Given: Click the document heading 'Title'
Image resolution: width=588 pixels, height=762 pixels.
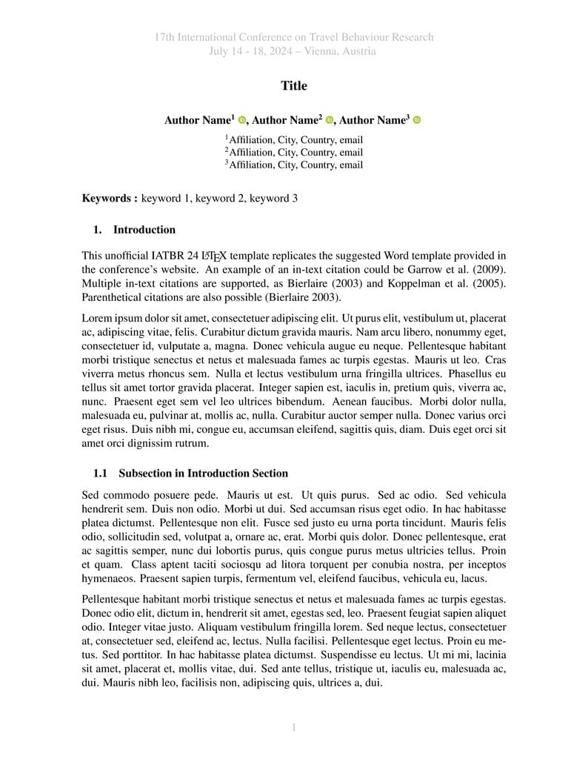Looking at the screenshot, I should tap(294, 86).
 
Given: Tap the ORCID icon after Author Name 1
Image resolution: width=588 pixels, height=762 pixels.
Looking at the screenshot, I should tap(242, 120).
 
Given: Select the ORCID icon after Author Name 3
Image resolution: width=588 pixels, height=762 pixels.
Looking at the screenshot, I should tap(417, 120).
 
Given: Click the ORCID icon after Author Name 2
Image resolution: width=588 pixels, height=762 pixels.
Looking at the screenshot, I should tap(330, 120).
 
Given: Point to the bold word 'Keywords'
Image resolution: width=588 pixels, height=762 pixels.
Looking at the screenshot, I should tap(106, 198).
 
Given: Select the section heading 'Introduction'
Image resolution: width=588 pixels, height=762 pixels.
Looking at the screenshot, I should tap(144, 230).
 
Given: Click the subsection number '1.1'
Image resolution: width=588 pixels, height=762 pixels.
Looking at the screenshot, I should tap(101, 474).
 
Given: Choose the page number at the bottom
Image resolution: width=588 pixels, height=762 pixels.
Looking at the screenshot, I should tap(294, 728).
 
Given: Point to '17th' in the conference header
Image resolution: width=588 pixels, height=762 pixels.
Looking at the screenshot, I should tap(165, 37).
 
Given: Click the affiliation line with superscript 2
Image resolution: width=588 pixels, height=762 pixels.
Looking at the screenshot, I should tap(294, 153).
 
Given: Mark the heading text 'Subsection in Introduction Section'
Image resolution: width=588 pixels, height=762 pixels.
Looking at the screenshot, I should tap(203, 474).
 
